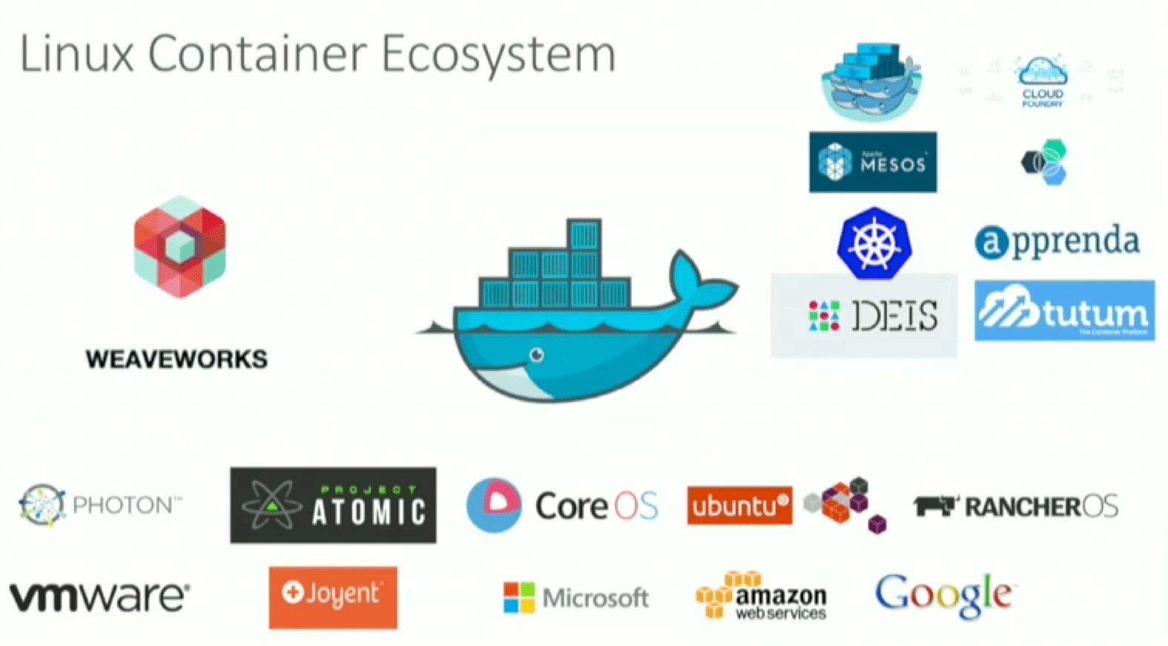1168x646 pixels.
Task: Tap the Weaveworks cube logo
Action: [180, 247]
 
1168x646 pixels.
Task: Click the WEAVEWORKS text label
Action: [176, 360]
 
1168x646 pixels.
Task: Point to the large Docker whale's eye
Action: [537, 355]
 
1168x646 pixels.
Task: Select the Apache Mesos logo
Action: [872, 162]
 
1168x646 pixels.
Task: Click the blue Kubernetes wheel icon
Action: [874, 243]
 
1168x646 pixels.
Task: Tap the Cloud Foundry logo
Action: [1042, 82]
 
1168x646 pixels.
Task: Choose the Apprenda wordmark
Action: [1058, 242]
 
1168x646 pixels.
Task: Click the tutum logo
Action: [1064, 311]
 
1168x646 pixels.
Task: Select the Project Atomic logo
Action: [333, 505]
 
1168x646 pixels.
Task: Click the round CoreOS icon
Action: [494, 505]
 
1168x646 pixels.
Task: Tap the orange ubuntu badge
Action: [739, 506]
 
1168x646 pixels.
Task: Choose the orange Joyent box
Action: [333, 597]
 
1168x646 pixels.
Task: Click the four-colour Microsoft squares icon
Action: [519, 598]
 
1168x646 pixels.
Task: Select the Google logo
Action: [943, 595]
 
